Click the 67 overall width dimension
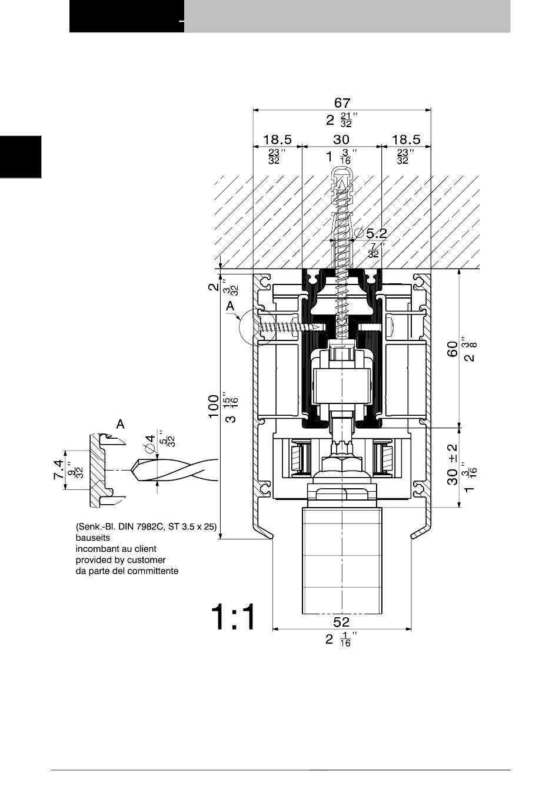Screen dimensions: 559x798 pyautogui.click(x=342, y=102)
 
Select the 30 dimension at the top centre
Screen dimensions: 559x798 pyautogui.click(x=341, y=140)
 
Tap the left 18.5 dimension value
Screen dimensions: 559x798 pyautogui.click(x=277, y=140)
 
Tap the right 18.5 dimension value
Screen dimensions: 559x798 pyautogui.click(x=406, y=140)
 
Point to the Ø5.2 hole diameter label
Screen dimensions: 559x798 pyautogui.click(x=371, y=233)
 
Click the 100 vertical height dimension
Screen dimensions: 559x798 pyautogui.click(x=213, y=406)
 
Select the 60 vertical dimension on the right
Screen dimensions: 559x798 pyautogui.click(x=452, y=349)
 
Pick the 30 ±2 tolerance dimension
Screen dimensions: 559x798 pyautogui.click(x=452, y=464)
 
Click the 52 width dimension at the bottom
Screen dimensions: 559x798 pyautogui.click(x=341, y=622)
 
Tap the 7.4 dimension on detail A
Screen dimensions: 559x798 pyautogui.click(x=58, y=469)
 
